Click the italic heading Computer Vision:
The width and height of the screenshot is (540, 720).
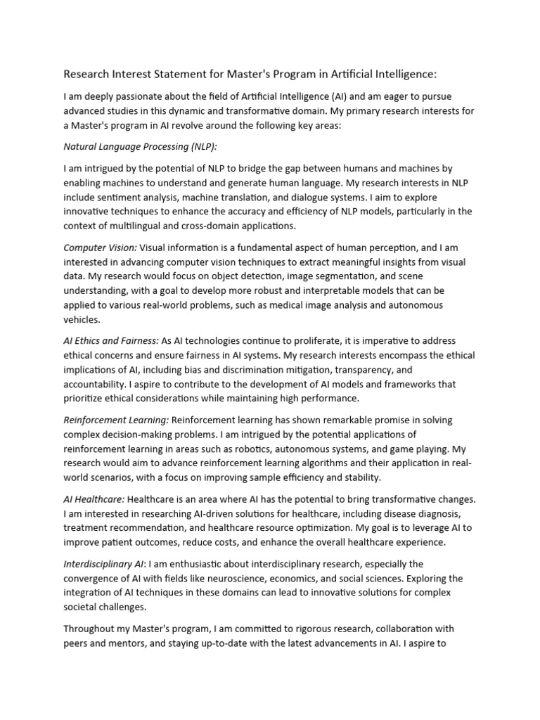(98, 247)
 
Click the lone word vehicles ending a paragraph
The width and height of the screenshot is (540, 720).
(82, 319)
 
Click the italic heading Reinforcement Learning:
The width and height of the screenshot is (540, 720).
(116, 420)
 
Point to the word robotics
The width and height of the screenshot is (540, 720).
(266, 449)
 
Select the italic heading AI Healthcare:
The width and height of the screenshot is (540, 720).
(94, 499)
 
